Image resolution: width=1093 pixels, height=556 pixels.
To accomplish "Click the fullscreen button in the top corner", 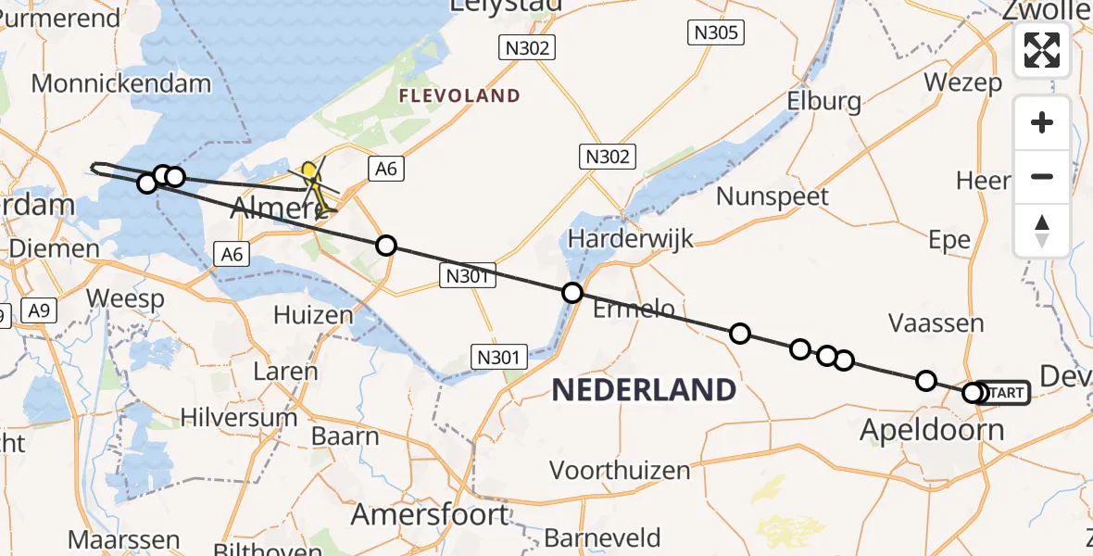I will point(1042,50).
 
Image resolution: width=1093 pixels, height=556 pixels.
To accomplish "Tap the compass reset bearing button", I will point(1042,230).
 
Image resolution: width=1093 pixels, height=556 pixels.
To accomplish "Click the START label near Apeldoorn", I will point(1005,393).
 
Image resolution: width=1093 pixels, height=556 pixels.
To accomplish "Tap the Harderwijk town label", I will point(631,239).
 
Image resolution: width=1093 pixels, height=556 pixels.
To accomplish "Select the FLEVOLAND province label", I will point(459,95).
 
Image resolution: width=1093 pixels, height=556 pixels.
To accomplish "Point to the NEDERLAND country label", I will point(644,389).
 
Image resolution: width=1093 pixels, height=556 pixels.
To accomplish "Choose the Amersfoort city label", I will point(430,514).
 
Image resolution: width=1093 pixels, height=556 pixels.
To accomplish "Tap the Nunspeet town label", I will point(773,196).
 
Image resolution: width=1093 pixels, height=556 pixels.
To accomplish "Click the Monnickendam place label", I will point(120,83).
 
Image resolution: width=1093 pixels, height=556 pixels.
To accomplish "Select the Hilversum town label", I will point(239,418).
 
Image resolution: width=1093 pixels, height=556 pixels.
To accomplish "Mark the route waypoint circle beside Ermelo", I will point(572,293).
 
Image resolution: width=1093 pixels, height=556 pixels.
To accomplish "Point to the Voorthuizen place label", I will point(620,470).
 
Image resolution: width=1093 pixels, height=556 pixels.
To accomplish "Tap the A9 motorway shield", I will point(39,311).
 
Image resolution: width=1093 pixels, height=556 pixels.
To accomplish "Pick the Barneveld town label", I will point(602,537).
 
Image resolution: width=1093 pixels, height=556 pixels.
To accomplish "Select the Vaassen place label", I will point(936,323).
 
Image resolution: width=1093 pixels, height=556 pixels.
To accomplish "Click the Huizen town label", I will point(313,315).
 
